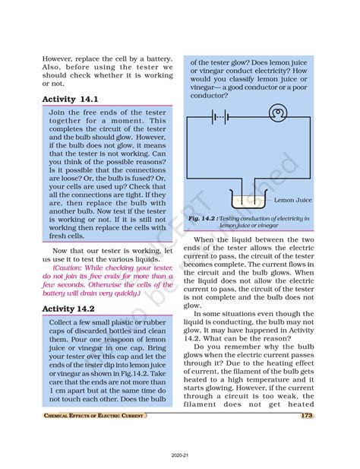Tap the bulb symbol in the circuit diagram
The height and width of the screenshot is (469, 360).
(x=278, y=116)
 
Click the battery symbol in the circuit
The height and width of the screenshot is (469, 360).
(x=221, y=116)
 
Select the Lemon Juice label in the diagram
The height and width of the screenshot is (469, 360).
(x=292, y=200)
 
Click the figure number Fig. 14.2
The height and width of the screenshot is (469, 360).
(x=205, y=218)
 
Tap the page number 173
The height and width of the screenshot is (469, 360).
(x=307, y=416)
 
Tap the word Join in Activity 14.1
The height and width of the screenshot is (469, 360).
(x=58, y=112)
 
